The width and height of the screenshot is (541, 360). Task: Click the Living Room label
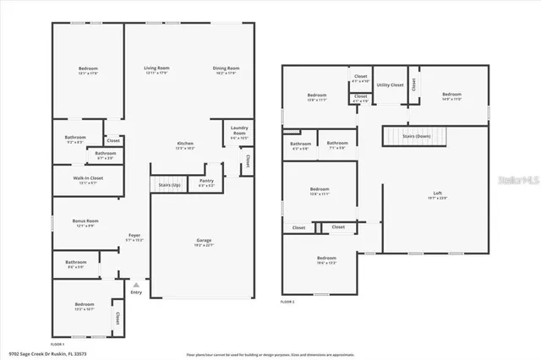click(156, 68)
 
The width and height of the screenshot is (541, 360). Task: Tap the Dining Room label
click(226, 68)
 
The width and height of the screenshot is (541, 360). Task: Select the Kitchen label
click(185, 144)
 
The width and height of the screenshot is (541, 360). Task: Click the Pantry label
click(206, 181)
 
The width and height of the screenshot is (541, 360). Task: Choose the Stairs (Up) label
click(165, 183)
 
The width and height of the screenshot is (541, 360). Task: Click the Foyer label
click(134, 236)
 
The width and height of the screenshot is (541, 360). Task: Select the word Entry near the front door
click(135, 292)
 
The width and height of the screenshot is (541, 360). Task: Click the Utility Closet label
click(390, 85)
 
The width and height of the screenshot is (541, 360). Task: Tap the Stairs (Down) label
click(416, 135)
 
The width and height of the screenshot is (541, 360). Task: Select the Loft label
click(437, 194)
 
